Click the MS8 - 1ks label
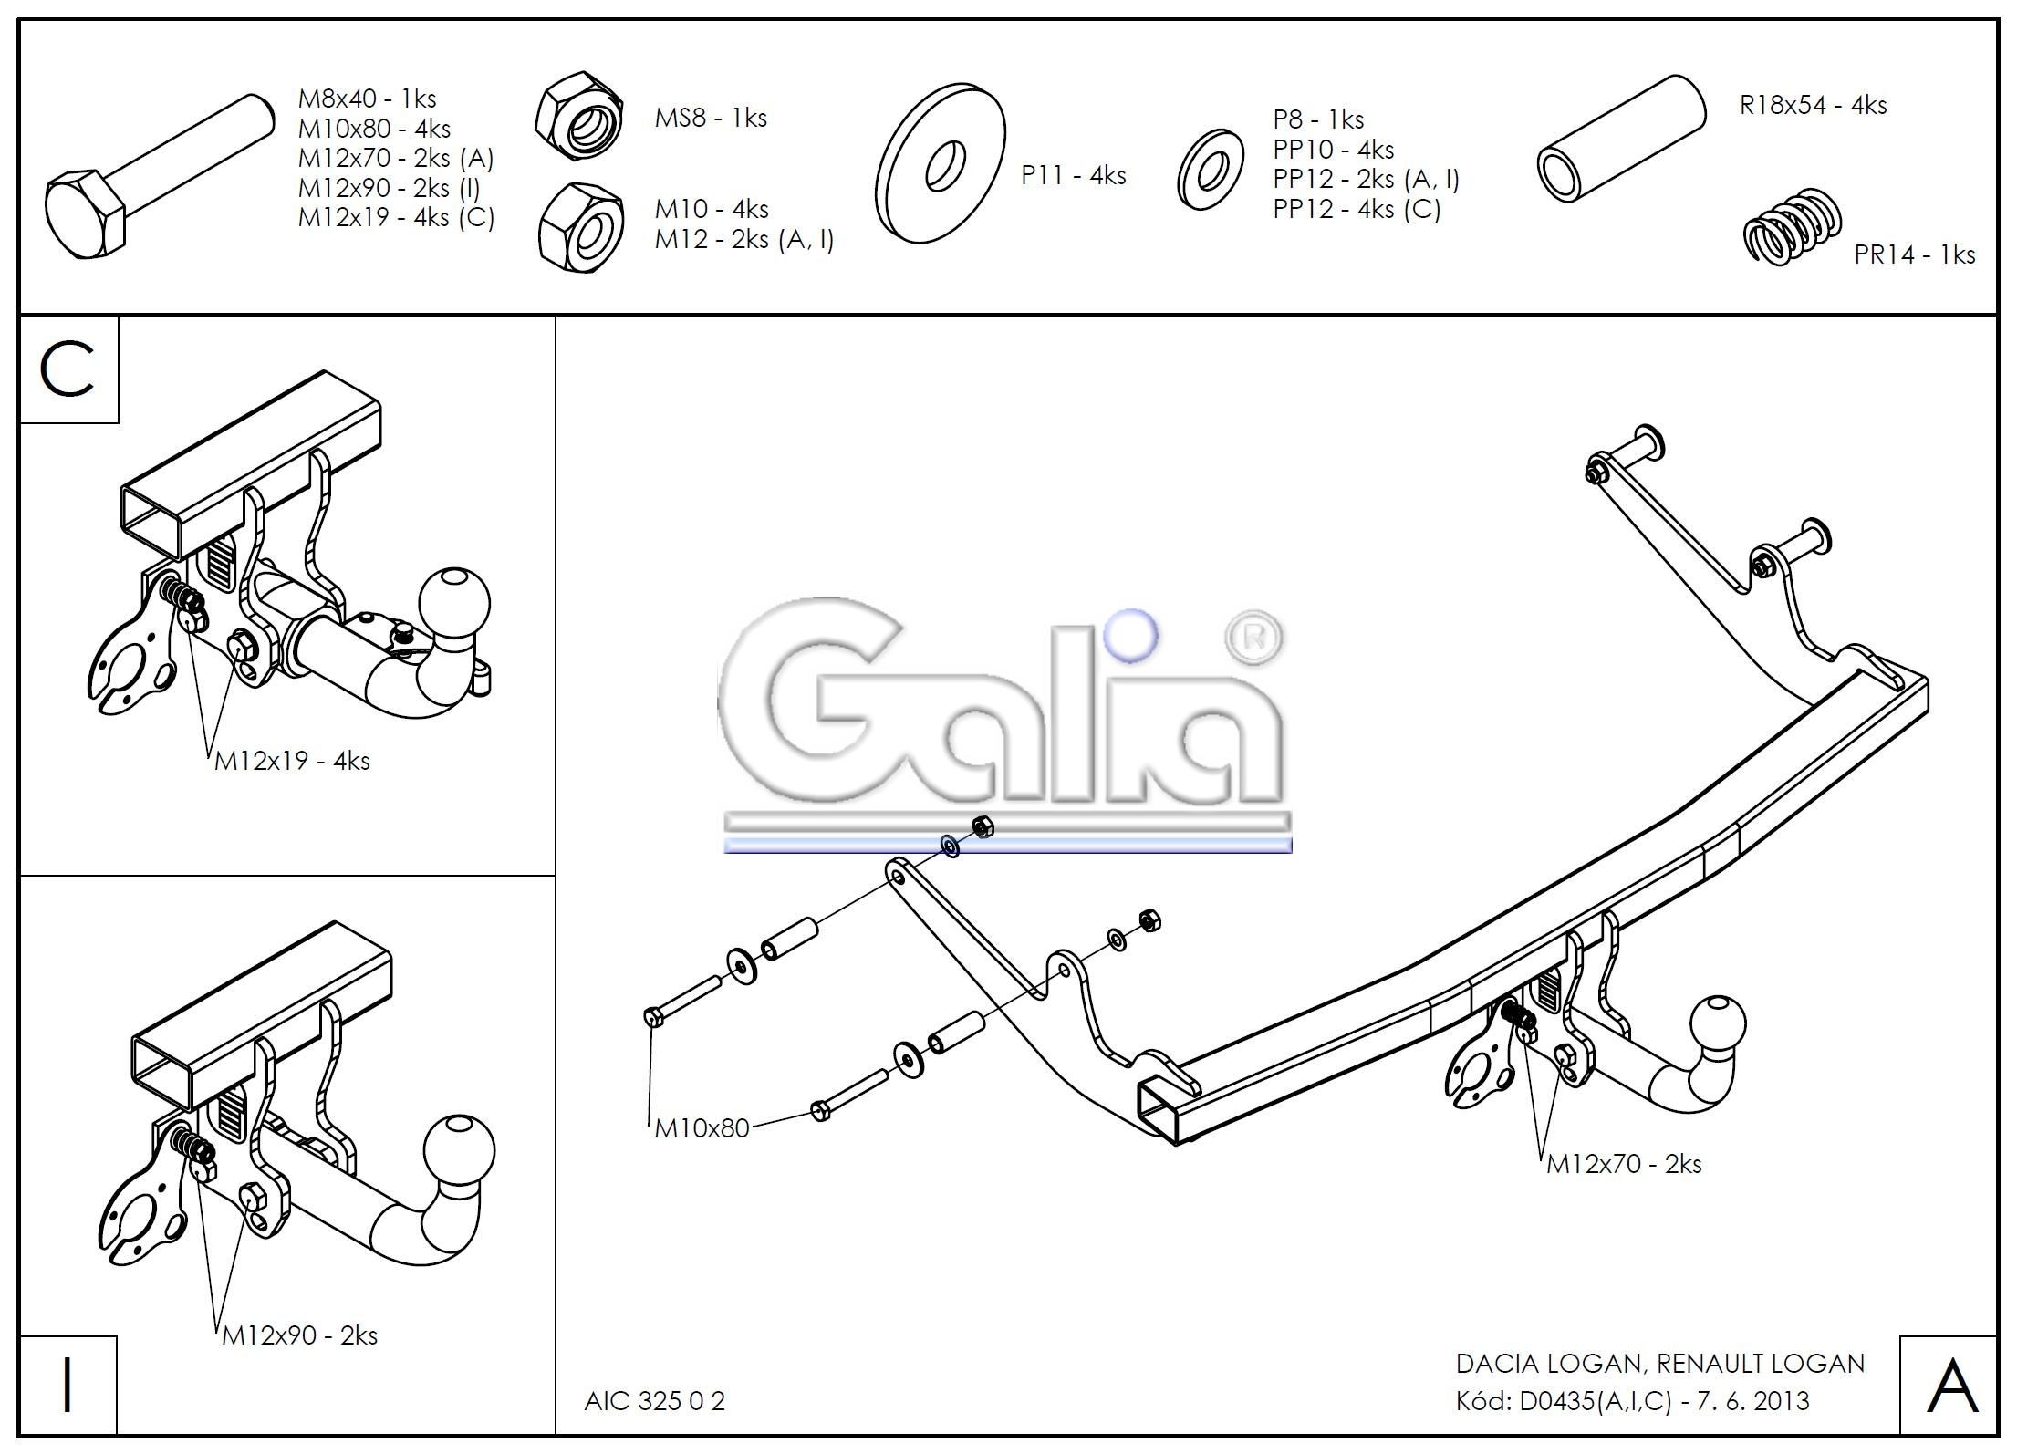click(x=711, y=119)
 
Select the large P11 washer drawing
click(x=940, y=164)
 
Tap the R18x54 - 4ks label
click(x=1813, y=106)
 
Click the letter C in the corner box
click(x=68, y=371)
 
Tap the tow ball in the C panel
click(x=453, y=605)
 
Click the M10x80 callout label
click(x=702, y=1129)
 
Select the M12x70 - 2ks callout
click(x=1624, y=1165)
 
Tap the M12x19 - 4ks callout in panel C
click(x=292, y=762)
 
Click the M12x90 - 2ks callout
click(x=300, y=1336)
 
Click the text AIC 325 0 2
click(x=654, y=1401)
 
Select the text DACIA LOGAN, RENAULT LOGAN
click(x=1659, y=1364)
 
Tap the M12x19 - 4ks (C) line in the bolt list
click(x=396, y=218)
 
